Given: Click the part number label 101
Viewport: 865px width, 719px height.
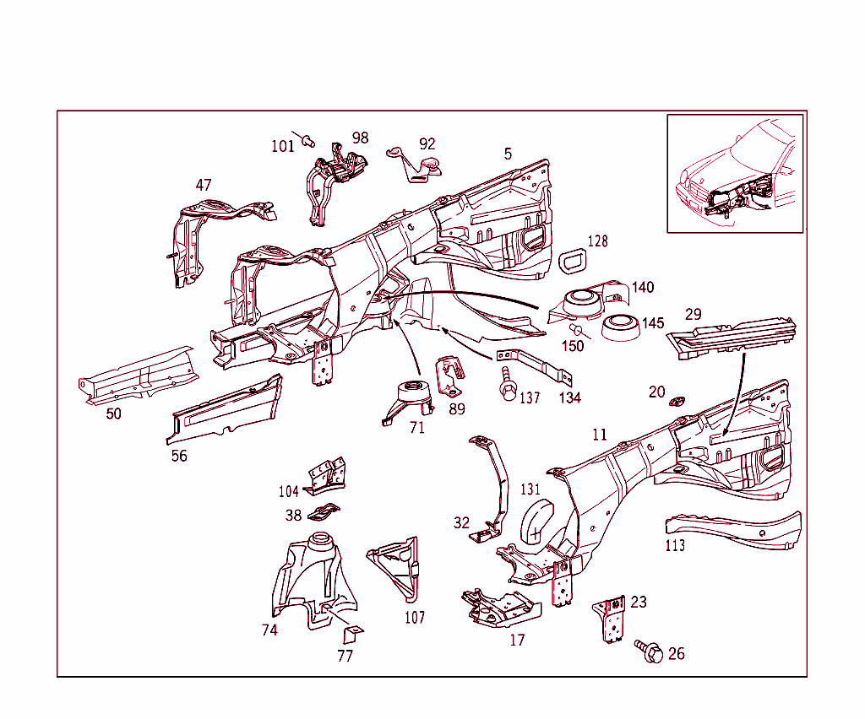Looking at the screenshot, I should point(282,146).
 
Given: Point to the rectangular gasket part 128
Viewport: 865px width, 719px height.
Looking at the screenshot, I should point(574,262).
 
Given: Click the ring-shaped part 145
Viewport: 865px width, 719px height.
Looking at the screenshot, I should point(621,328).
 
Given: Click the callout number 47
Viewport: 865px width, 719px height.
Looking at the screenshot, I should point(204,185).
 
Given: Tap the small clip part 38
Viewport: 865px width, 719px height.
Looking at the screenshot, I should point(324,512).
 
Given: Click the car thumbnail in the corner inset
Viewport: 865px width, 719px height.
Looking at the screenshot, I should point(735,173).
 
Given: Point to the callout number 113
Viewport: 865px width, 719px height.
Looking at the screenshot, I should point(675,546).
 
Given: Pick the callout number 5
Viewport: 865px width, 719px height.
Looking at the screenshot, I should point(508,154).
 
